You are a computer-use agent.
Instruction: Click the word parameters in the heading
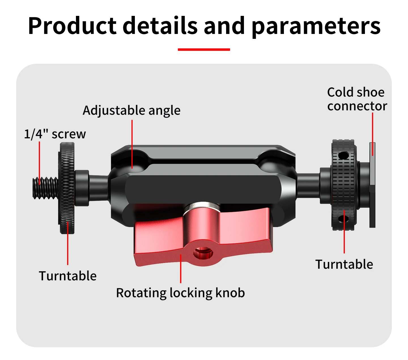click(x=316, y=27)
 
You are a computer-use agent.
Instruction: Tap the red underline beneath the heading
click(x=204, y=50)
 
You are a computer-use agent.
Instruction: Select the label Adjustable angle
click(x=131, y=111)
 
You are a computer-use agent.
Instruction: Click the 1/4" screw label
click(x=55, y=134)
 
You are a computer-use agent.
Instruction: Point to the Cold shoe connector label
click(x=357, y=99)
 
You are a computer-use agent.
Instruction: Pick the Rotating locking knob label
click(x=180, y=293)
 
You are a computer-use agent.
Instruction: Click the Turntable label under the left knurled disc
click(x=68, y=276)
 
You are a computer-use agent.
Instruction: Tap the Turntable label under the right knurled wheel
click(x=344, y=264)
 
